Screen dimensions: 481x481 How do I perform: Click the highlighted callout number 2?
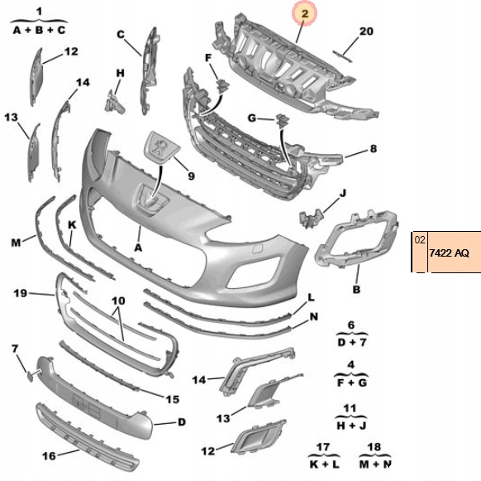coord(304,13)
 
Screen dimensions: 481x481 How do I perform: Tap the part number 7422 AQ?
coord(449,253)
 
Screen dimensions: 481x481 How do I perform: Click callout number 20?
coord(366,31)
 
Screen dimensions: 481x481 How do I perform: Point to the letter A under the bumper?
coord(138,247)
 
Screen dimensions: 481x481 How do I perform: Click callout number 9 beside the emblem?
coord(191,176)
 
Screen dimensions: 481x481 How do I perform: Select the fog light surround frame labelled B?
coord(357,238)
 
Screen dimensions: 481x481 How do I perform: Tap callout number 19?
coord(20,293)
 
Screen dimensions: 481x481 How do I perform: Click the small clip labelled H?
coord(114,102)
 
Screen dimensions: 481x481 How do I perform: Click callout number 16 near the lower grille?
coord(49,456)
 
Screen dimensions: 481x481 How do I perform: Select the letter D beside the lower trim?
coord(182,422)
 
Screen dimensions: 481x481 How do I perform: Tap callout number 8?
coord(373,149)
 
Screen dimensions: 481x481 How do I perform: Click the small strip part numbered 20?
coord(342,56)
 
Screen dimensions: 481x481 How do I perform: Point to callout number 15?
coord(173,399)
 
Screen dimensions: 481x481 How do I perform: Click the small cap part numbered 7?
coord(30,376)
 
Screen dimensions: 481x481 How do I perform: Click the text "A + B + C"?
coord(40,30)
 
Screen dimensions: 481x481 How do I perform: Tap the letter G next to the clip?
coord(252,118)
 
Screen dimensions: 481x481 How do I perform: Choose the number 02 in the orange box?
coord(420,240)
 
